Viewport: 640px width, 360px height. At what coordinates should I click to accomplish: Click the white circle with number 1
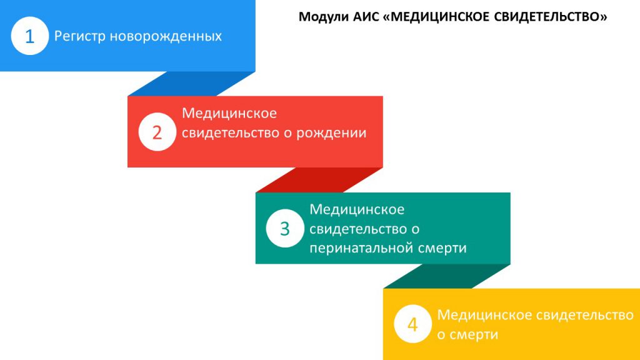click(30, 36)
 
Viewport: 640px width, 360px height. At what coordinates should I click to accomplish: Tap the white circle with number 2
click(157, 132)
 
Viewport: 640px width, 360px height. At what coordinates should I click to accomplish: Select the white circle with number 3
click(285, 228)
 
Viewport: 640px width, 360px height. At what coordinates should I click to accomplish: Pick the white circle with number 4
click(412, 324)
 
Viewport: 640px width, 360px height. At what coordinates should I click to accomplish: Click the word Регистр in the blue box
click(80, 36)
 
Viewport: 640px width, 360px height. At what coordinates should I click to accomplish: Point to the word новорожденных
click(166, 36)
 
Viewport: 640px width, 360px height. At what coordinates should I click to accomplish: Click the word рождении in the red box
click(331, 133)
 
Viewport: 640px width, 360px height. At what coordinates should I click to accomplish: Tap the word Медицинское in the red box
click(229, 113)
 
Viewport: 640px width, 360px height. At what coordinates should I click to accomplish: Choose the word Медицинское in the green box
click(357, 209)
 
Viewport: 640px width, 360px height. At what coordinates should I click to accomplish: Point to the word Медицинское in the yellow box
click(484, 315)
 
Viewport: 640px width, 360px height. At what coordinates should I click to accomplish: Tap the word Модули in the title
click(324, 17)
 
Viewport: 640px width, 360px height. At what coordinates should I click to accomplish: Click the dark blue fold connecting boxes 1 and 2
click(191, 84)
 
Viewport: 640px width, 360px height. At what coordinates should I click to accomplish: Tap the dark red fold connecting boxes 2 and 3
click(319, 180)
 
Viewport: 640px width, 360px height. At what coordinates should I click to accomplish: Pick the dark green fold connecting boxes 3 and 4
click(447, 276)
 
